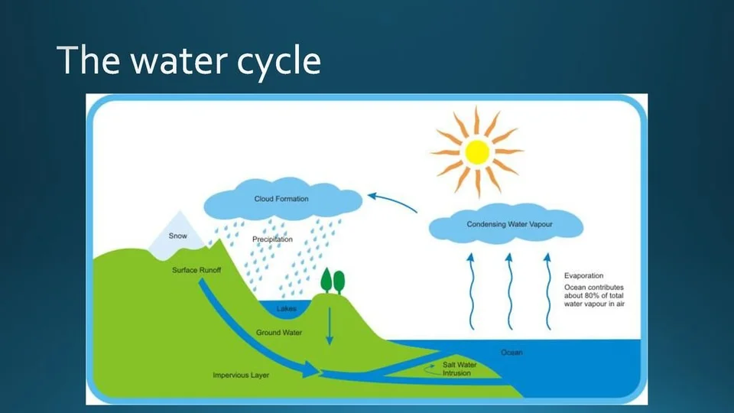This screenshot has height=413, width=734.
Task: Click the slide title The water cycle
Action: click(189, 60)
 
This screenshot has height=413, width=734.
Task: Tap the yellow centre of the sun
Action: click(477, 152)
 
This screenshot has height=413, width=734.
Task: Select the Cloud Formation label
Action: click(281, 199)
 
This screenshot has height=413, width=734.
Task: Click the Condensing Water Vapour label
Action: click(509, 224)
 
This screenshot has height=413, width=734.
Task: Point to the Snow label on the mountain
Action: click(178, 236)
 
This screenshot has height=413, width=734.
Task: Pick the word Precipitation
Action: click(272, 239)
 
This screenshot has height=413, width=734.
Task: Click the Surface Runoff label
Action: click(196, 270)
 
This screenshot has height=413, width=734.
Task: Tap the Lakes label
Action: click(286, 308)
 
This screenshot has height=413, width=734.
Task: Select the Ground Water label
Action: click(279, 333)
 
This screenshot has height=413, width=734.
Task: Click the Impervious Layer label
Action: click(241, 375)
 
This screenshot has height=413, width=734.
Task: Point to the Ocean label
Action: click(512, 352)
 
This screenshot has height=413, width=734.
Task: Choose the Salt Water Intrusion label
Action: click(460, 369)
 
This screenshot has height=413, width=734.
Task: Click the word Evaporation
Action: click(583, 276)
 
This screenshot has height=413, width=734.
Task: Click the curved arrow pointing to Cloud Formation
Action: click(392, 202)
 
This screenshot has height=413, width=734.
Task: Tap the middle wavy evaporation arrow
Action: click(509, 291)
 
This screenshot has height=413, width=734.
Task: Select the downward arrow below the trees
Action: click(330, 327)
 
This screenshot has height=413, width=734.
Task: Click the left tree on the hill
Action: click(326, 280)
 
